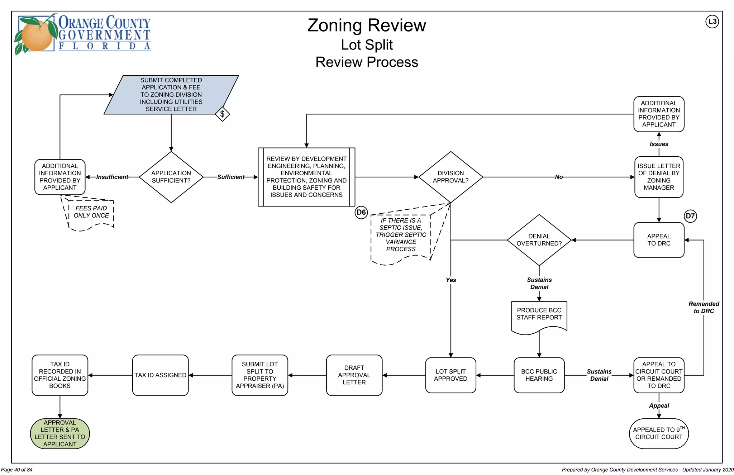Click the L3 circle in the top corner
[x=712, y=22]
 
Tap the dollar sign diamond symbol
[x=222, y=114]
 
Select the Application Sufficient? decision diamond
[x=171, y=177]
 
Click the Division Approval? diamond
[x=451, y=177]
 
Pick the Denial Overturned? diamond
[x=539, y=240]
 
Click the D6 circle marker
[x=361, y=212]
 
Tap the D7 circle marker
[x=690, y=216]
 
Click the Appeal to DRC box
[x=658, y=240]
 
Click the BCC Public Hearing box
[x=539, y=375]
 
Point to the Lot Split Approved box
[x=451, y=375]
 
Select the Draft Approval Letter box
[x=354, y=375]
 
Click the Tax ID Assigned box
[x=160, y=375]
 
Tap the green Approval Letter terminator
[x=60, y=433]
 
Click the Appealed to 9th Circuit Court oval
[x=658, y=433]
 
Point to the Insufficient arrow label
[x=112, y=177]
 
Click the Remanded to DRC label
[x=704, y=307]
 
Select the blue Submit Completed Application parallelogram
[x=171, y=95]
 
